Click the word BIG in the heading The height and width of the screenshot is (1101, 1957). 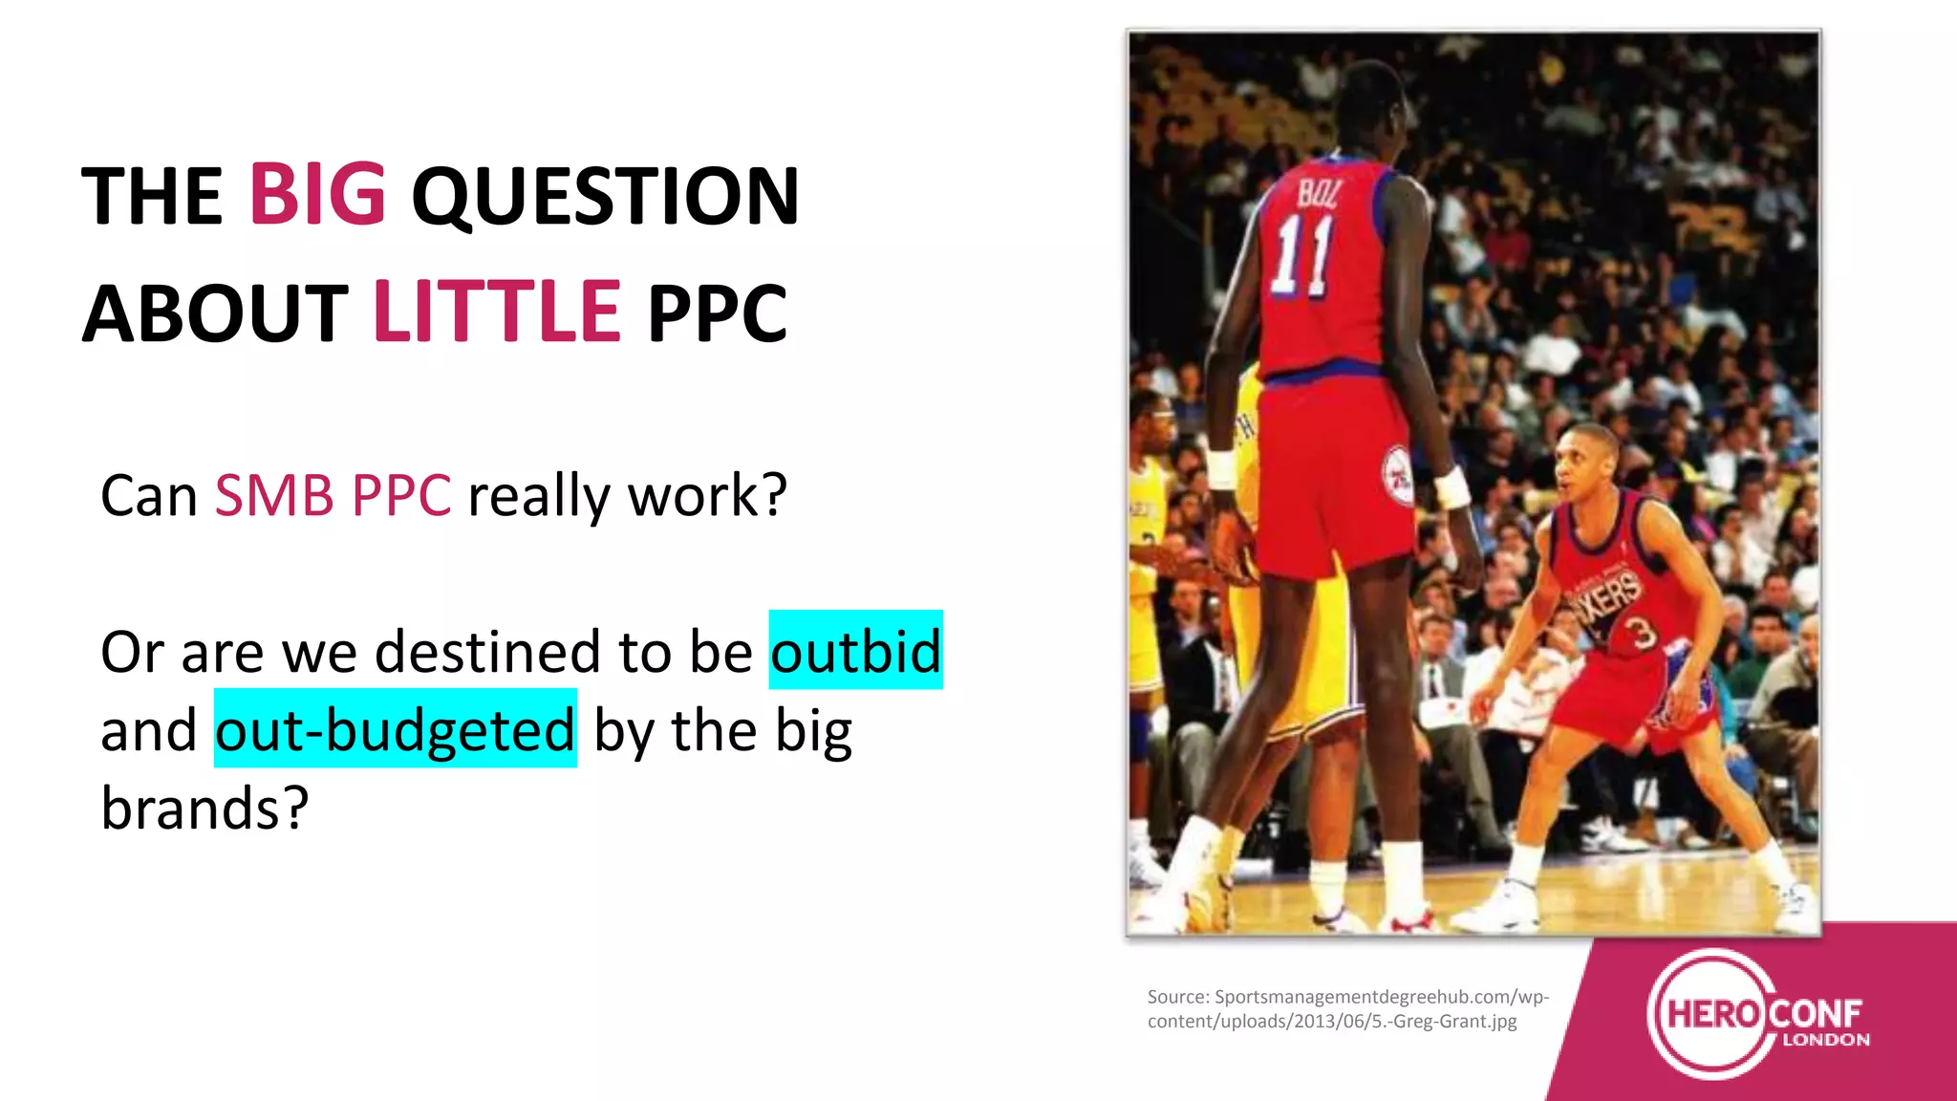317,195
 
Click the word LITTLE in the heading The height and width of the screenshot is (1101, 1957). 497,313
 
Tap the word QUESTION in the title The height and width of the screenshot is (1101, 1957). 605,197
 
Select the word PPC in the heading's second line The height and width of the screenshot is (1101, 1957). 717,313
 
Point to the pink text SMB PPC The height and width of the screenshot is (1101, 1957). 333,496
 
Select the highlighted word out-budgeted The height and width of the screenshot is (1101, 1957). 395,730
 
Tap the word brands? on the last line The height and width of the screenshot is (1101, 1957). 204,809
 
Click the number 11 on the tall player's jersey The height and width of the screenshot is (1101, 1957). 1301,255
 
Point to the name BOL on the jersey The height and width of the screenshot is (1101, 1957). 1318,194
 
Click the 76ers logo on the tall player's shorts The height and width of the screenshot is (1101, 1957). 1397,475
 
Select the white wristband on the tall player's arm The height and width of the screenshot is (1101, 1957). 1451,487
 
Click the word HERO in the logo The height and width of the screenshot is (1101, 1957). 1712,1013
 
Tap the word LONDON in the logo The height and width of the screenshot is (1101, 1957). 1825,1041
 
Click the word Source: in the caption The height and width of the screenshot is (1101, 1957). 1178,998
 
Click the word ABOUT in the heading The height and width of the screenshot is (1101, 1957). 216,313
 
